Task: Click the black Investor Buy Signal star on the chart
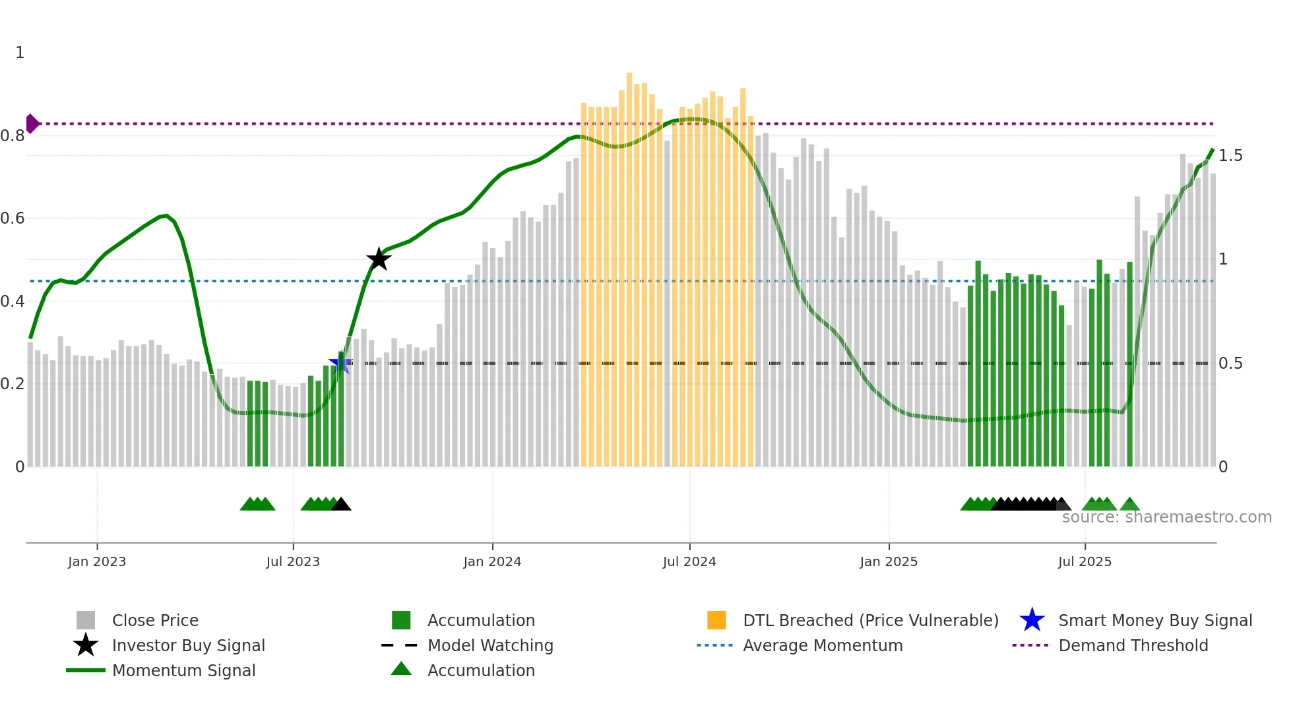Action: pos(379,259)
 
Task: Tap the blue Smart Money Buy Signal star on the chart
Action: pos(340,362)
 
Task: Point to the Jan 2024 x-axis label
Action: pos(492,561)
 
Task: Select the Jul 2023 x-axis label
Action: pos(293,561)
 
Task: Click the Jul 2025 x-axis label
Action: pos(1085,561)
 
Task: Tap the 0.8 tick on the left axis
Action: pos(13,136)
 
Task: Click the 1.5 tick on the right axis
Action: pos(1230,156)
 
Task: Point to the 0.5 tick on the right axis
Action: pos(1230,363)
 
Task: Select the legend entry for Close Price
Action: pos(155,620)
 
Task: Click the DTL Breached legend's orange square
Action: pos(716,620)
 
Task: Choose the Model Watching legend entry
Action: pos(490,645)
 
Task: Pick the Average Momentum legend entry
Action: pos(822,645)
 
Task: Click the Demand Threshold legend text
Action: pos(1133,645)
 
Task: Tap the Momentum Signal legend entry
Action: pos(183,670)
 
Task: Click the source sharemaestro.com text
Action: pos(1166,517)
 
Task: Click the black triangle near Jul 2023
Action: pos(341,505)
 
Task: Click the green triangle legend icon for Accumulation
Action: pos(401,670)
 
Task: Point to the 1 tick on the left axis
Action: pos(20,53)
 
